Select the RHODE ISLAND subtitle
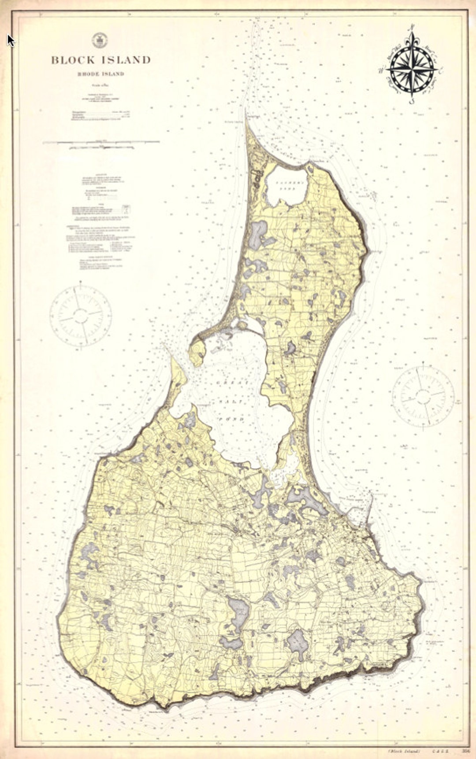click(101, 74)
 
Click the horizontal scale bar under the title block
click(101, 143)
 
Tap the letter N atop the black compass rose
click(413, 27)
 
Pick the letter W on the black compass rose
click(380, 69)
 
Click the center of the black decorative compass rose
click(412, 69)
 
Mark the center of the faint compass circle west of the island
click(80, 316)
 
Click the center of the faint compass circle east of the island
click(423, 391)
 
